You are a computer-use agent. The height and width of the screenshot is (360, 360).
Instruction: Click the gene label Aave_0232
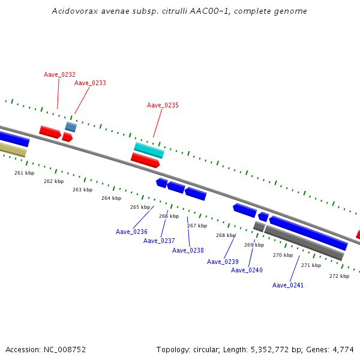59,74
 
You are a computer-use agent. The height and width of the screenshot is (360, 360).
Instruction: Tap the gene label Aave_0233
90,83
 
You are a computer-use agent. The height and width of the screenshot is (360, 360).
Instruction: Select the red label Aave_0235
163,105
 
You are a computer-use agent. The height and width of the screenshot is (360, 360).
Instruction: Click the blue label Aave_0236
131,232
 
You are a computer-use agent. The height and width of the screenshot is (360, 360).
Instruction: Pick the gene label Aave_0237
159,241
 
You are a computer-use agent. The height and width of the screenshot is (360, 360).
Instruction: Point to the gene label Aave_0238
188,250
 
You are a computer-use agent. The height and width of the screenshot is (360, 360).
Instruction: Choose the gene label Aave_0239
223,262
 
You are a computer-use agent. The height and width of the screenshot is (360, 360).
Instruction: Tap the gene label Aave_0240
247,270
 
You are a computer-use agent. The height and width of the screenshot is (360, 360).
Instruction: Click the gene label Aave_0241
288,285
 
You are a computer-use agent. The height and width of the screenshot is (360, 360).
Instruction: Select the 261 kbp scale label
25,173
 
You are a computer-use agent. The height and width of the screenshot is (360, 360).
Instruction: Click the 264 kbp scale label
111,198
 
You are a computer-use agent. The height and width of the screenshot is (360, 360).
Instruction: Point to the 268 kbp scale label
226,235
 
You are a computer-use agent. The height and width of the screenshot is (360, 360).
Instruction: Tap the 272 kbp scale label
339,276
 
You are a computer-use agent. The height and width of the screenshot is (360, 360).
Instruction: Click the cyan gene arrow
149,150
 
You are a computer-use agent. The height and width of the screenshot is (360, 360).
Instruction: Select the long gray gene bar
304,242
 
